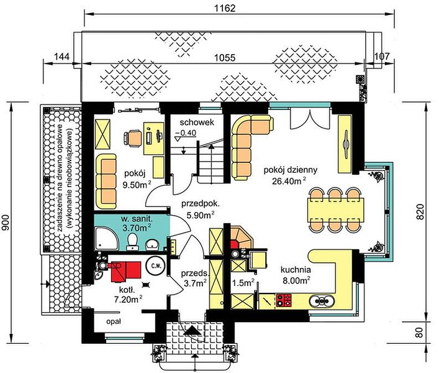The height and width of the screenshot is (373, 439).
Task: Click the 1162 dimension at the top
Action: coord(225,8)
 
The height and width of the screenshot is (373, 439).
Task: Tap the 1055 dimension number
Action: coord(225,57)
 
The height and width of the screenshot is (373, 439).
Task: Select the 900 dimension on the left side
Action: coord(6,223)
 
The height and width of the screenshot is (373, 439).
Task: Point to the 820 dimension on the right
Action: coord(420,211)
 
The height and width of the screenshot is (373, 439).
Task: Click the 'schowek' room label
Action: coord(197,122)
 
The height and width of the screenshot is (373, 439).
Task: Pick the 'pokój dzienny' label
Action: coord(291,170)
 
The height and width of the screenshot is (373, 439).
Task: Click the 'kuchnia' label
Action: coord(296,270)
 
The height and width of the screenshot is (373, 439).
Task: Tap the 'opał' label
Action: coord(114,321)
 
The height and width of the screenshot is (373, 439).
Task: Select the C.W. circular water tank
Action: coord(156,265)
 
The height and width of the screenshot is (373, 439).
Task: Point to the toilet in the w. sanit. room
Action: coord(132,242)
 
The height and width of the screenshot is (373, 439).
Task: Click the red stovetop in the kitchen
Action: coord(284,300)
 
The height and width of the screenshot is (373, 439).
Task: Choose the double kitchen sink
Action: coord(322,301)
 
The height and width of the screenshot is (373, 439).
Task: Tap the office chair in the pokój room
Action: coord(132,139)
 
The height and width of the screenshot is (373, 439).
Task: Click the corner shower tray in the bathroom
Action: coord(106,239)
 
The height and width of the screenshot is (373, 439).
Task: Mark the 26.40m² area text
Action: coord(289,182)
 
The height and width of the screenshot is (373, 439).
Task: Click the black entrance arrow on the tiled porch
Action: coord(193,331)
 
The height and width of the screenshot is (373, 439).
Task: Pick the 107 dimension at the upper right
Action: coord(382,57)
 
